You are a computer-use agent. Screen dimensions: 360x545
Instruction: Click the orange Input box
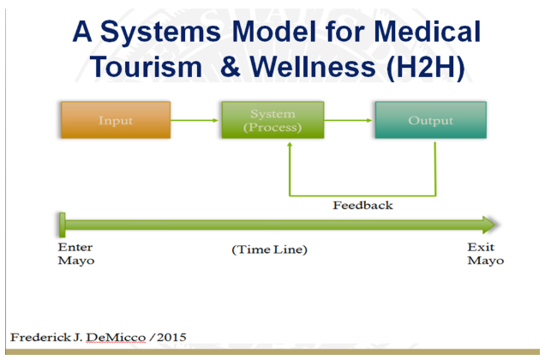pyautogui.click(x=116, y=120)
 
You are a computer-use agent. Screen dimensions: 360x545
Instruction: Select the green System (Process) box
pyautogui.click(x=272, y=120)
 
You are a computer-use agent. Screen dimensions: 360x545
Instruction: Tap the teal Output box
pyautogui.click(x=430, y=120)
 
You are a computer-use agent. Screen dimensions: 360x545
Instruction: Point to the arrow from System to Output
pyautogui.click(x=350, y=120)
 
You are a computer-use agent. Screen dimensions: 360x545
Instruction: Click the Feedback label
pyautogui.click(x=362, y=205)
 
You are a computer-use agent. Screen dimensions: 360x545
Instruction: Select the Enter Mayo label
pyautogui.click(x=75, y=254)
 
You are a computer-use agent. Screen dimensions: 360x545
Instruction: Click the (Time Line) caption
pyautogui.click(x=269, y=249)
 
